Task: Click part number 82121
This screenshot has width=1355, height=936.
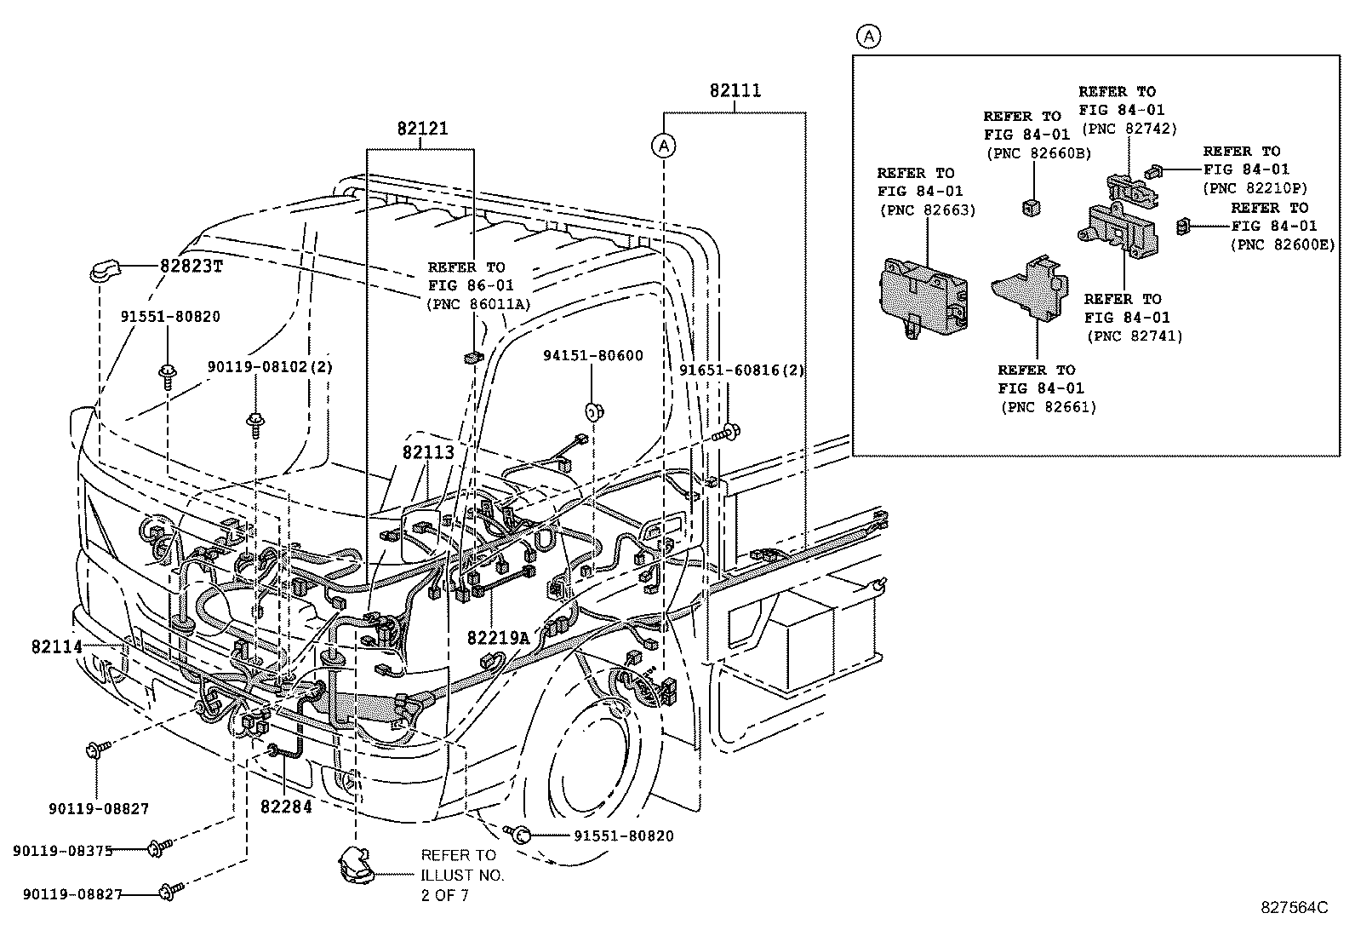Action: click(x=421, y=129)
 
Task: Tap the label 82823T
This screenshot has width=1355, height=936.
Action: click(x=191, y=266)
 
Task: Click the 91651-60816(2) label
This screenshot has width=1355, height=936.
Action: click(x=741, y=370)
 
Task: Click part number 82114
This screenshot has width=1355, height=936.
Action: click(x=57, y=647)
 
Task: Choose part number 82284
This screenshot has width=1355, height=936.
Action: click(x=286, y=806)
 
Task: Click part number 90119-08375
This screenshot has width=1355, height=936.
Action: click(x=62, y=850)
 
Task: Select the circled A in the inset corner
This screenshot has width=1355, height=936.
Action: click(x=867, y=37)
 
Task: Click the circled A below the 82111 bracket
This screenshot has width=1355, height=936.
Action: click(x=664, y=146)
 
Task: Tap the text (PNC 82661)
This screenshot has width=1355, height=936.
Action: click(x=1049, y=407)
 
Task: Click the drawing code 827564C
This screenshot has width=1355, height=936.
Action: click(x=1294, y=907)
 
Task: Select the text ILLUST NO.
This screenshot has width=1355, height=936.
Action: click(x=462, y=875)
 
